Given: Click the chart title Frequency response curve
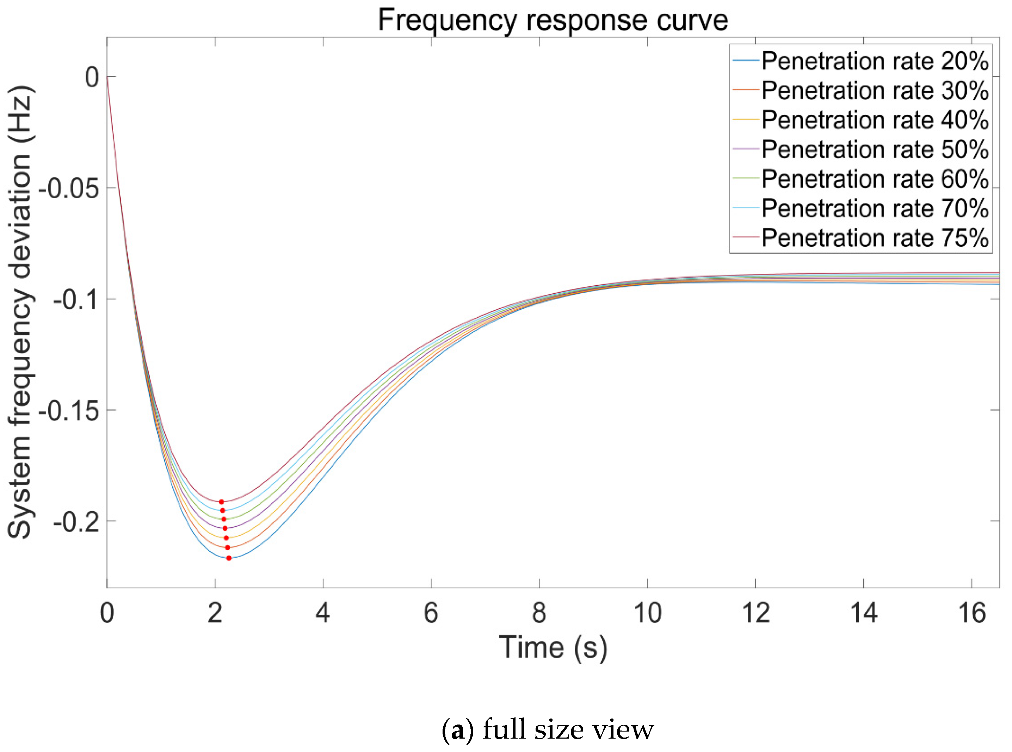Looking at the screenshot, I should click(553, 20).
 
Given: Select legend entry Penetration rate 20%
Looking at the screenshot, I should click(875, 61).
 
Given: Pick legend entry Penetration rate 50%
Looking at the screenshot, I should click(875, 149).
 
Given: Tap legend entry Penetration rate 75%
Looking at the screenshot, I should click(875, 238).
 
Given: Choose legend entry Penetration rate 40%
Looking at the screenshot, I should click(875, 120).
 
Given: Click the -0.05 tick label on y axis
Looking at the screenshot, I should click(69, 188).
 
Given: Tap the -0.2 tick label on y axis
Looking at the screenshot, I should click(76, 522).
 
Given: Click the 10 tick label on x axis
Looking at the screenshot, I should click(647, 613).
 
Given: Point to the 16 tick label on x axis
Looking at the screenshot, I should click(971, 613).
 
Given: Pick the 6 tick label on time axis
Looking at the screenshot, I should click(431, 613).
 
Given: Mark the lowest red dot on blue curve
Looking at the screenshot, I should click(229, 558).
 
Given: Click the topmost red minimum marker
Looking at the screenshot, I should click(221, 502).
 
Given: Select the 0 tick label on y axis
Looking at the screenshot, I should click(92, 77).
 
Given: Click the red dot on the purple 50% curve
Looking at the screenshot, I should click(225, 528).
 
